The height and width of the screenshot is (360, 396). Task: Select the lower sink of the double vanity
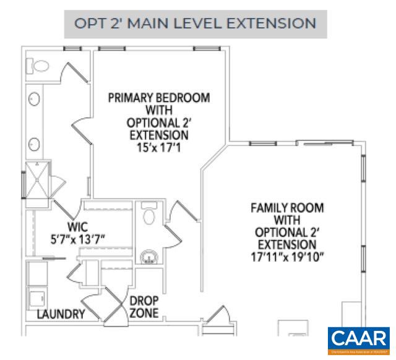tap(35, 144)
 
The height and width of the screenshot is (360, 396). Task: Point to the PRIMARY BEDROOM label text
tap(158, 104)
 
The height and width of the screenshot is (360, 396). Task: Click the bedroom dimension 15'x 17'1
tap(158, 148)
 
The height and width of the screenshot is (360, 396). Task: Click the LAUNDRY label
tap(61, 314)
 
